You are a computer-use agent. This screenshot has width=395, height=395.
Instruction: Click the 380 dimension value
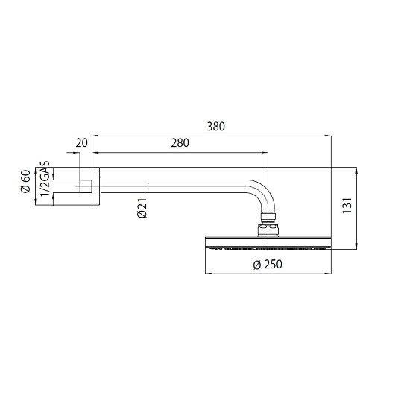(x=215, y=127)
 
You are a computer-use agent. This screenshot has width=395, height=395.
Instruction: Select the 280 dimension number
(x=180, y=143)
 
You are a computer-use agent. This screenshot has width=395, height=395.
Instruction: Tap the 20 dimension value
(x=81, y=143)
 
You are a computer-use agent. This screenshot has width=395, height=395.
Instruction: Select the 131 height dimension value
(x=347, y=206)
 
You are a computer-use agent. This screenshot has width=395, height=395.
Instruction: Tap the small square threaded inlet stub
(x=86, y=185)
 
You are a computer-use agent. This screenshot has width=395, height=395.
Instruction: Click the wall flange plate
(x=94, y=185)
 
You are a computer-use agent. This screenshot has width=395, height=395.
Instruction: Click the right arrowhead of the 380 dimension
(x=329, y=136)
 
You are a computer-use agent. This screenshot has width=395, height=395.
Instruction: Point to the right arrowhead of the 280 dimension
(x=266, y=153)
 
